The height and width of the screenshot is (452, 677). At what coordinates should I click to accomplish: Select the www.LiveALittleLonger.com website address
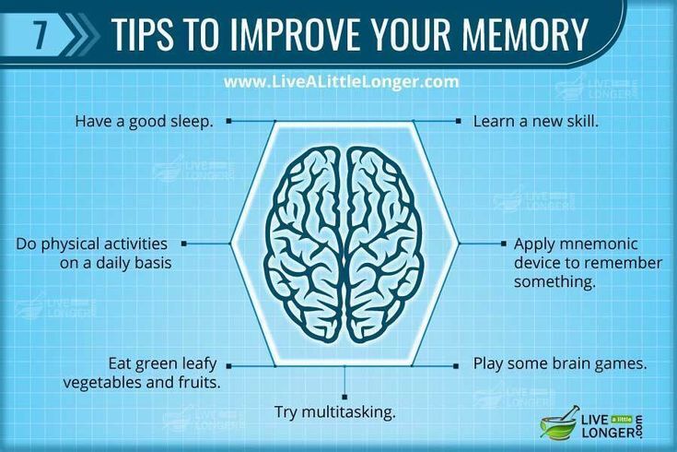pyautogui.click(x=341, y=82)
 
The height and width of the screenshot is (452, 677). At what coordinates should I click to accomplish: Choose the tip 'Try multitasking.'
pyautogui.click(x=334, y=411)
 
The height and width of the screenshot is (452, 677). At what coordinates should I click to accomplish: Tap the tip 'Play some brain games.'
pyautogui.click(x=559, y=363)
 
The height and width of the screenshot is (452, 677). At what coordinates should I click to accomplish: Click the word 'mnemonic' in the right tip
pyautogui.click(x=596, y=244)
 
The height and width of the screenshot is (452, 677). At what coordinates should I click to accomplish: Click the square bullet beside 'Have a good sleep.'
pyautogui.click(x=228, y=121)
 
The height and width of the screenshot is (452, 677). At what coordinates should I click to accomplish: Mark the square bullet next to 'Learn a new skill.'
pyautogui.click(x=457, y=121)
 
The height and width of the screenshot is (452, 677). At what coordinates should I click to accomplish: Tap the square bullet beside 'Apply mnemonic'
pyautogui.click(x=503, y=244)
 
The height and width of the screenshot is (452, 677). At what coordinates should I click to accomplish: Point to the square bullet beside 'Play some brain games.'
pyautogui.click(x=456, y=365)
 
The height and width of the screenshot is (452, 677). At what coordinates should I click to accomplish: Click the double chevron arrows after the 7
pyautogui.click(x=81, y=34)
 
